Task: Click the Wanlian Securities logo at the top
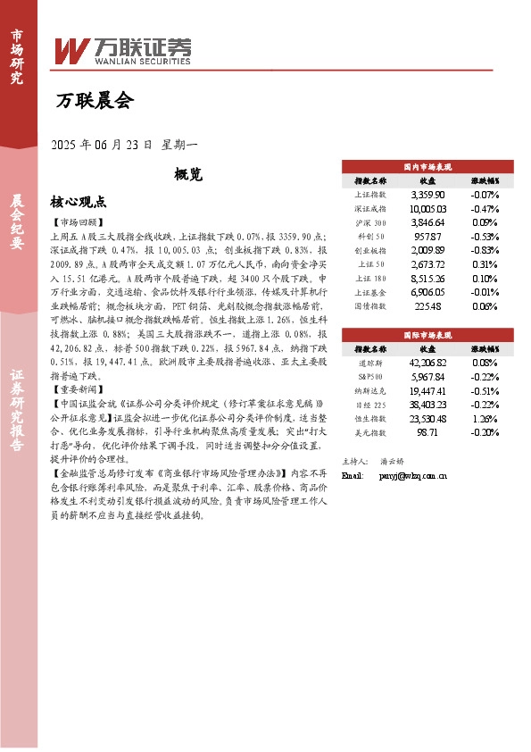point(122,50)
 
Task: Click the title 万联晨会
point(94,101)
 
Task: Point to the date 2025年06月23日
point(102,144)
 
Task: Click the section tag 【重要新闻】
point(79,389)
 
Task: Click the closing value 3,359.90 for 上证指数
point(427,194)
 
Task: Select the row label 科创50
point(370,236)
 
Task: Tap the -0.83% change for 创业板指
point(485,250)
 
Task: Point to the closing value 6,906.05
point(427,292)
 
